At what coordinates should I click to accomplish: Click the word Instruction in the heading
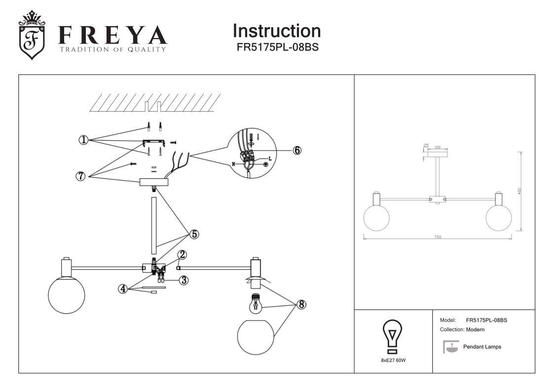click(276, 31)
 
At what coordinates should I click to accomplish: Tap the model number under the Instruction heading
click(276, 48)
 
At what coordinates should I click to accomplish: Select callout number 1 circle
click(83, 140)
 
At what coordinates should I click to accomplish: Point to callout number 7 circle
click(81, 176)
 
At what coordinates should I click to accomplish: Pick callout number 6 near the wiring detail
click(297, 150)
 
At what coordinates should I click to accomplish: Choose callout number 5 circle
click(195, 234)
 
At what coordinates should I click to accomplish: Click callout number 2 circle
click(182, 255)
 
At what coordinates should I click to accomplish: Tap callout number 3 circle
click(184, 280)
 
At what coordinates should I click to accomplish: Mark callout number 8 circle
click(300, 305)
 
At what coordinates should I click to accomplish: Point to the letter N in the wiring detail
click(234, 163)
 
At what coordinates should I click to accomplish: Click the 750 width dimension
click(438, 237)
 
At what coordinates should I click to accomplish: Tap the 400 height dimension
click(519, 191)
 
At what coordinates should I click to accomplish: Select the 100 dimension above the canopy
click(437, 147)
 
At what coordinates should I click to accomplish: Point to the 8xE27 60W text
click(393, 360)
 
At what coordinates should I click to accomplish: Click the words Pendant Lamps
click(482, 347)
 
